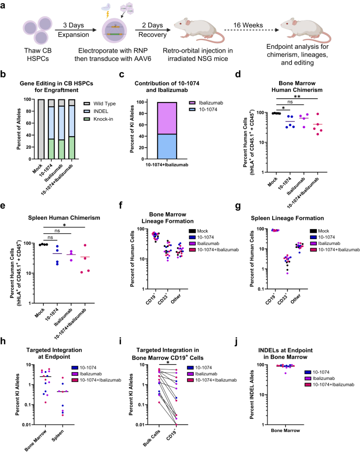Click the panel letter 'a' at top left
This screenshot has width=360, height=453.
click(x=5, y=5)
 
